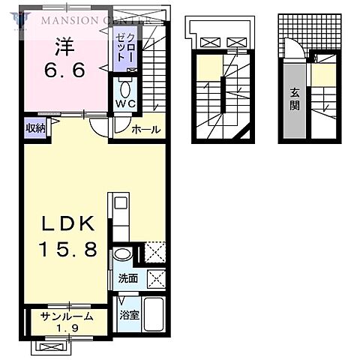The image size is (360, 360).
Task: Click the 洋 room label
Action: [64, 46]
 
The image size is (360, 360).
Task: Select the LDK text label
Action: [68, 223]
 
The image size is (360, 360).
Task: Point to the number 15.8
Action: [68, 249]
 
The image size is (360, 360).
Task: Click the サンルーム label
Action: [67, 316]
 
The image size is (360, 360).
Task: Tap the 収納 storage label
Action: [36, 128]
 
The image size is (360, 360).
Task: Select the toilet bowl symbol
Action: [125, 89]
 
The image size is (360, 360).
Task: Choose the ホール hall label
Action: [146, 130]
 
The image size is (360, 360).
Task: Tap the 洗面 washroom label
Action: [128, 278]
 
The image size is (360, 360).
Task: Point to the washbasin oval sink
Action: [123, 255]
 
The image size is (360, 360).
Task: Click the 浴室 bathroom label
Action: [129, 315]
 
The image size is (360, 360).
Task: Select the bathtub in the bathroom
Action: [154, 313]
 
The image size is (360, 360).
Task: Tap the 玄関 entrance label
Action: [295, 100]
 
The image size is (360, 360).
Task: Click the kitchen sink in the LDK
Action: [121, 204]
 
